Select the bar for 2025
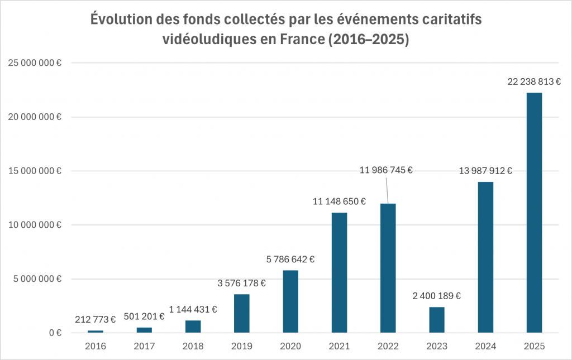(x=534, y=213)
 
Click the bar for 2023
(x=437, y=320)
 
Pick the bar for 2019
(x=242, y=313)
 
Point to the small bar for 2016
(x=96, y=332)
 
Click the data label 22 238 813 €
(x=534, y=81)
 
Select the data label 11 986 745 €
(x=385, y=170)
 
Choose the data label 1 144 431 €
(x=193, y=309)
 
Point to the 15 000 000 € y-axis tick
(x=35, y=171)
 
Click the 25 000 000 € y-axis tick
(x=35, y=63)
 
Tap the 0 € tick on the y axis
(x=54, y=333)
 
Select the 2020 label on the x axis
(x=290, y=347)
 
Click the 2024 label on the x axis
(x=485, y=347)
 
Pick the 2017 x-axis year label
(x=144, y=347)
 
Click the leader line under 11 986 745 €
(x=387, y=190)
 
